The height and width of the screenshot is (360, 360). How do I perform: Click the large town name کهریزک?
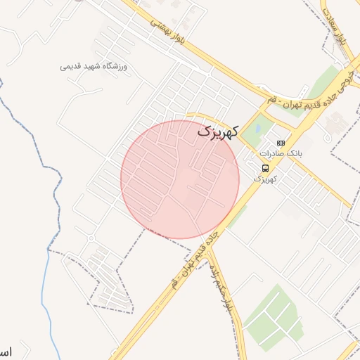coord(218,130)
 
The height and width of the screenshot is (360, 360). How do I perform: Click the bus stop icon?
coord(265,168)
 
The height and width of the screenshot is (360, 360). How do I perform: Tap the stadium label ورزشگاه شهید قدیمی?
coord(94,67)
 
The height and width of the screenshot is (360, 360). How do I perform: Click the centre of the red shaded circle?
coord(180,179)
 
